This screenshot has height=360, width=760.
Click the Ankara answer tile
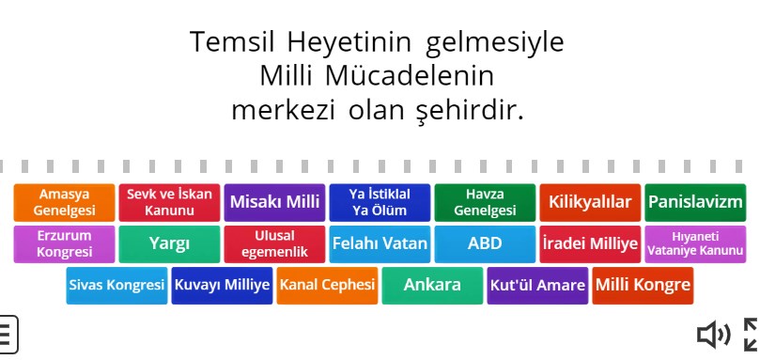432,286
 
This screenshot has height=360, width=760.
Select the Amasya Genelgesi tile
65,202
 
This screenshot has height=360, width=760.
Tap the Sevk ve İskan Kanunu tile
170,202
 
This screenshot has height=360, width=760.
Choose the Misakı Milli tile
275,202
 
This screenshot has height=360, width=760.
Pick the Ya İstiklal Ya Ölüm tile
380,202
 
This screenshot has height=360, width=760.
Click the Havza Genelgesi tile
485,202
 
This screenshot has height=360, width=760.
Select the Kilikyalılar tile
590,202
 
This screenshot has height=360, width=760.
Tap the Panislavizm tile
695,202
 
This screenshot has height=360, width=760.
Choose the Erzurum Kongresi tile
65,244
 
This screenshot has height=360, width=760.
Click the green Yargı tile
170,244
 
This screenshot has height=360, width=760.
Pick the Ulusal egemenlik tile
275,244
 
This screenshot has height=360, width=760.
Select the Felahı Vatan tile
380,244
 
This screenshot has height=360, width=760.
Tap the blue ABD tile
485,244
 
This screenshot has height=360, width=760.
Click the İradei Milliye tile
590,244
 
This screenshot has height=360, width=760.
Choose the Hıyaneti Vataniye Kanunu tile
695,244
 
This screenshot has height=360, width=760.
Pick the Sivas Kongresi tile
116,286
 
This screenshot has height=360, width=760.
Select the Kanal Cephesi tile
327,286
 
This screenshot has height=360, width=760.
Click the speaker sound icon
713,335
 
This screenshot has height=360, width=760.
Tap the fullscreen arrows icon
751,335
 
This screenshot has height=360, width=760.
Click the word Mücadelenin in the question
410,76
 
